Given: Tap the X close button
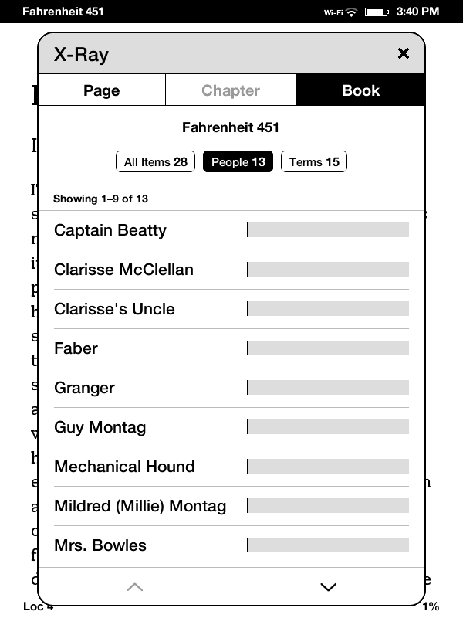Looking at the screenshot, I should [x=403, y=53].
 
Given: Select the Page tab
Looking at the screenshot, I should [x=101, y=90].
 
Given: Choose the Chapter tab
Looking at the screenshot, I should [x=231, y=90].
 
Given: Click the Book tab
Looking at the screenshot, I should [x=360, y=90].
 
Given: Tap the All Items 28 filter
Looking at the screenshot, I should [x=155, y=161].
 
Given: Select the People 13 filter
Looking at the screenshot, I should [x=238, y=161].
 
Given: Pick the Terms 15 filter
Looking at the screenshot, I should [x=314, y=161].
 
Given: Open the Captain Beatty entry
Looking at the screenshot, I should [x=110, y=230].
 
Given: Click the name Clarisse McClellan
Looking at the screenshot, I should [x=123, y=270].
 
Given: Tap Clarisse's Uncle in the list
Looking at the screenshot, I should [x=114, y=309].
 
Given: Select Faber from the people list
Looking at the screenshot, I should [x=76, y=348].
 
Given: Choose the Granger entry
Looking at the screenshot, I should [x=84, y=388].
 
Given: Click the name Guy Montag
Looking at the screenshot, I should [x=100, y=427].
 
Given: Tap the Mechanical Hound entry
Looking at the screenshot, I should [x=124, y=467].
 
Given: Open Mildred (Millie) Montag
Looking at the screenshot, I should [x=140, y=506].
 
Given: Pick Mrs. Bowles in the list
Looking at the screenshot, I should [x=100, y=545].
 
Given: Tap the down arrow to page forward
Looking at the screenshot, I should [x=328, y=587].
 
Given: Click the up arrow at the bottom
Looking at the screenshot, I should [x=134, y=587].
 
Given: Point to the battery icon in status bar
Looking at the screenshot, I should [x=376, y=12].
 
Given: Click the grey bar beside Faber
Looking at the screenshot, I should [x=328, y=348].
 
